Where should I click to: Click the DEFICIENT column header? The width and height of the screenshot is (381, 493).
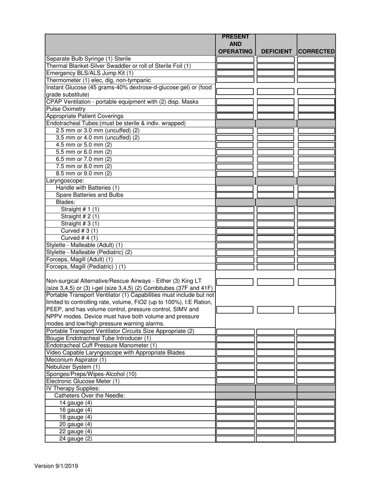coord(276,51)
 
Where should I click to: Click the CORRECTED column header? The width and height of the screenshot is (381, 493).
coord(316,51)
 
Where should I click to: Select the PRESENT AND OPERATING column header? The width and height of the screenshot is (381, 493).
coord(235,44)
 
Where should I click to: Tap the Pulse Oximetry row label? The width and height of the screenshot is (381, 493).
coord(66,109)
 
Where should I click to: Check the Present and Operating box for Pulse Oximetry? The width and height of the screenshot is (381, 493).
coord(235,109)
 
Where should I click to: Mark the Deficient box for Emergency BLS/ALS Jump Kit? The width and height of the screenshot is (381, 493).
coord(276,73)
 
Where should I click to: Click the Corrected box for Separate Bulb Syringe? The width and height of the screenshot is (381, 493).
coord(316,59)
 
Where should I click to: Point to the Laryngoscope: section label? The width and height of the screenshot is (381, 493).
coord(65,181)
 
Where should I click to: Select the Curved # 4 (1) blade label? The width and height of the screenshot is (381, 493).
coord(79,238)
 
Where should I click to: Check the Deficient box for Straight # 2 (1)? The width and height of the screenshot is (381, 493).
coord(276,217)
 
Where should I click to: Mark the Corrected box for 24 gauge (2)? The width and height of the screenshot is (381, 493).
coord(316,439)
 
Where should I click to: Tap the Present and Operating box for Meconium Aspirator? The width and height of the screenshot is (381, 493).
coord(235,360)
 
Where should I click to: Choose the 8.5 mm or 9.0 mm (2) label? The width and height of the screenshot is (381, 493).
coord(84,174)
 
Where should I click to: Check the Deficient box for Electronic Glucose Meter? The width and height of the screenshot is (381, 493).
coord(276,381)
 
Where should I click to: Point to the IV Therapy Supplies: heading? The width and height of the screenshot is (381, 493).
coord(73,388)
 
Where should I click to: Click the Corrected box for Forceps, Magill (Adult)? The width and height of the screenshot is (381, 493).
coord(316,260)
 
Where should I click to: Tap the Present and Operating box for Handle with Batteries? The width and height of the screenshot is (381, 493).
coord(235,188)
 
